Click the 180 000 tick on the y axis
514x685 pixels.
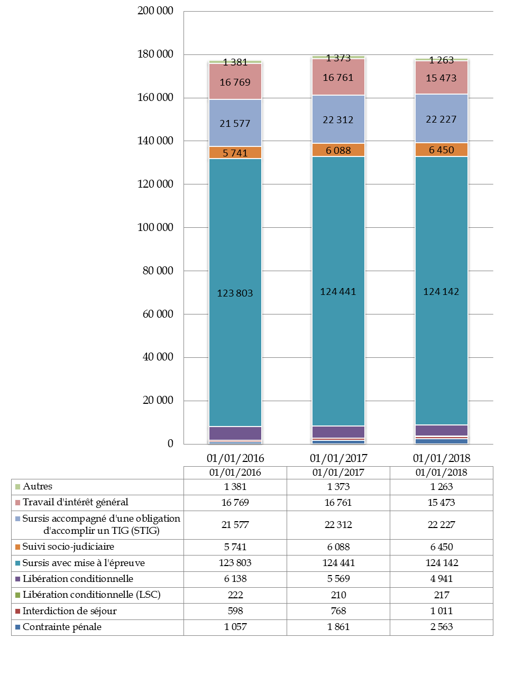click(155, 54)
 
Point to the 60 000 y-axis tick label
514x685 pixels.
click(158, 314)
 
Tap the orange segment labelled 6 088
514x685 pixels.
click(338, 150)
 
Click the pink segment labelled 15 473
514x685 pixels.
click(442, 78)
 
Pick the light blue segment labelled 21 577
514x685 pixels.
click(235, 123)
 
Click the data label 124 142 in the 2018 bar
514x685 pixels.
click(441, 292)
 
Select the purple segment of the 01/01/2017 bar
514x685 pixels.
click(338, 432)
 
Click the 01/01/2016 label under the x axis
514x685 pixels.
click(235, 458)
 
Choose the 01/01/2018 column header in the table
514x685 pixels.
click(442, 473)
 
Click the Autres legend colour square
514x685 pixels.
click(18, 487)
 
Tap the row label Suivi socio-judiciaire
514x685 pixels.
click(68, 547)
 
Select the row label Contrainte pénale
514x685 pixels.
click(62, 627)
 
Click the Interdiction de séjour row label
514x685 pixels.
click(69, 611)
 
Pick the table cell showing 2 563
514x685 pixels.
click(442, 627)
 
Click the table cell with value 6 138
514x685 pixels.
click(235, 579)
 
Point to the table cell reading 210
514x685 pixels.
click(338, 595)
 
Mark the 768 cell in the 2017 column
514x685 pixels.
click(338, 611)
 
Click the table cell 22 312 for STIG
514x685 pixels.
click(338, 525)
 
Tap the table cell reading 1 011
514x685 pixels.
click(442, 611)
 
